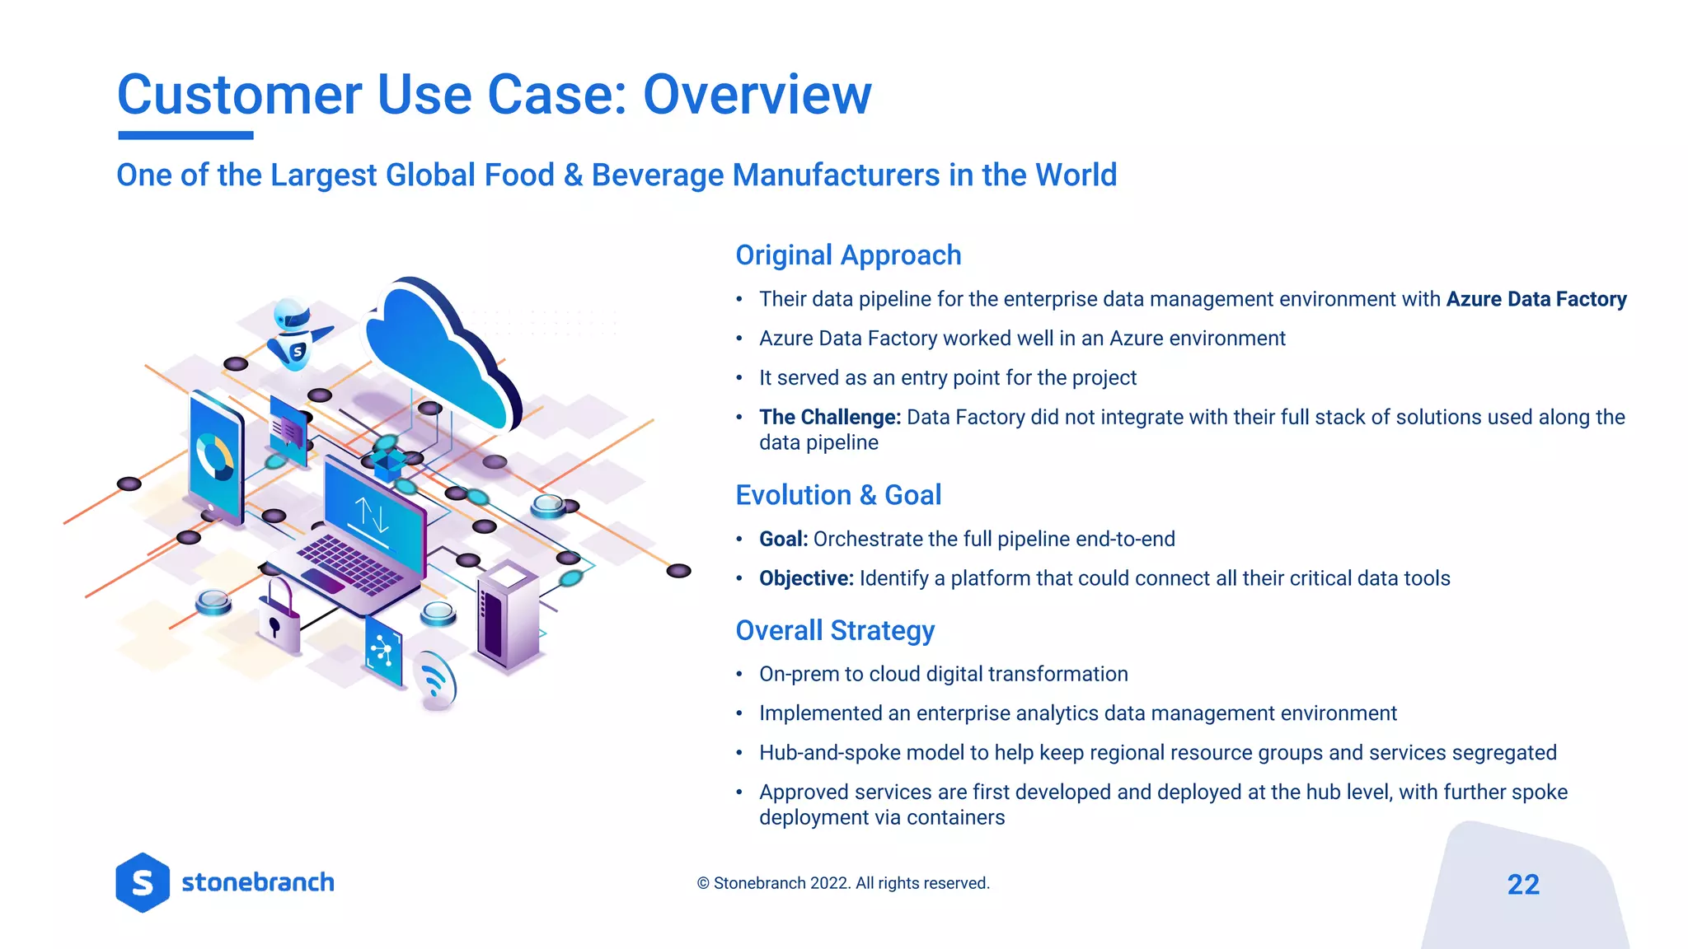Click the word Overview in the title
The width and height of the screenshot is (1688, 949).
756,95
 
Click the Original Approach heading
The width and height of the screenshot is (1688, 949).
848,255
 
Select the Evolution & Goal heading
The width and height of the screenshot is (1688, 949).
837,495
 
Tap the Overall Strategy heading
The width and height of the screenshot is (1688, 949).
834,630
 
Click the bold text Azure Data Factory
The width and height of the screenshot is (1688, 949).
1536,299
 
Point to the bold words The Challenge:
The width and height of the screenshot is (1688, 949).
829,418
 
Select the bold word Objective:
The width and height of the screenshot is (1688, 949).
805,578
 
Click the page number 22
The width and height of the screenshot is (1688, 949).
1522,885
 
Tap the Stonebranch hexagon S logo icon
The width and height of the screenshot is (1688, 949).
143,883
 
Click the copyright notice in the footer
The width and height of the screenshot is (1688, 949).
842,883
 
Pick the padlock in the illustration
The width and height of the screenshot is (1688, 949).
279,614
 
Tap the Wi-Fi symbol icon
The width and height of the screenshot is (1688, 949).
434,680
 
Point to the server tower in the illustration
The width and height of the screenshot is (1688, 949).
507,614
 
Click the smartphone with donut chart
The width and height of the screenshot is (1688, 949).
216,457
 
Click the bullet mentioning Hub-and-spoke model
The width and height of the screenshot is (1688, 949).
1157,753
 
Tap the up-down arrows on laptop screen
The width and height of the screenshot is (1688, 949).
372,514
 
